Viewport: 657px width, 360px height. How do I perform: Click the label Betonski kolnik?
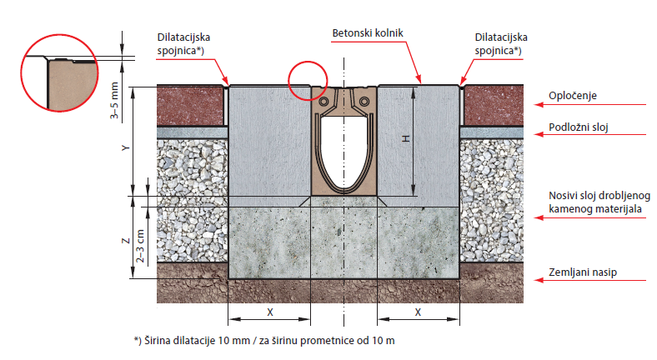click(368, 33)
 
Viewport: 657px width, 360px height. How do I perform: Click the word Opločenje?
click(572, 96)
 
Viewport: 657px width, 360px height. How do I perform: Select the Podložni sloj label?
click(579, 127)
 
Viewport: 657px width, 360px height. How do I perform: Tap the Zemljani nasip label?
click(583, 272)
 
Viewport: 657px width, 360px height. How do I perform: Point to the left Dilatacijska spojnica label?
click(183, 43)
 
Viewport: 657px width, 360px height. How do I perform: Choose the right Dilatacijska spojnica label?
click(501, 43)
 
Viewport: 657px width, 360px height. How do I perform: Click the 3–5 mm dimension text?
click(114, 101)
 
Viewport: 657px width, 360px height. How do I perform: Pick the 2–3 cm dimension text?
click(140, 246)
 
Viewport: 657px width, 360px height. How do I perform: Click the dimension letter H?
click(405, 138)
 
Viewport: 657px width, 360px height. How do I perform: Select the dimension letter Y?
click(125, 147)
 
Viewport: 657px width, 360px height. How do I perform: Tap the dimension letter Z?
click(125, 241)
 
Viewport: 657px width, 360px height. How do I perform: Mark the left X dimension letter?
click(270, 312)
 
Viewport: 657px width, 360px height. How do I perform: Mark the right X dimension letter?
click(418, 312)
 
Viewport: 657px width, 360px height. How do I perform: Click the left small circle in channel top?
click(323, 102)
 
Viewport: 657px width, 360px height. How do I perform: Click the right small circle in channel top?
click(364, 102)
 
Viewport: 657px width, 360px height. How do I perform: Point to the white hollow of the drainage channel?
click(344, 151)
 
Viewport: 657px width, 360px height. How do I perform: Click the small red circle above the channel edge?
click(308, 62)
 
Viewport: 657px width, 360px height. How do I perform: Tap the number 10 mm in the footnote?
click(234, 341)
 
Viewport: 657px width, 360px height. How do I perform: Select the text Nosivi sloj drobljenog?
click(599, 196)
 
